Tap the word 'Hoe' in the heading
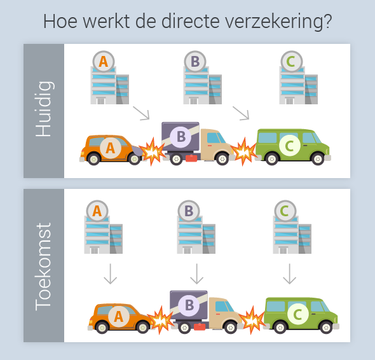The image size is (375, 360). (x=60, y=21)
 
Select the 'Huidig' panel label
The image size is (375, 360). (x=44, y=109)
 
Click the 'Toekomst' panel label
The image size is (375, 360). (x=43, y=267)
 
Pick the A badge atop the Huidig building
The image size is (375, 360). (x=104, y=62)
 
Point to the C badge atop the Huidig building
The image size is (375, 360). (x=291, y=62)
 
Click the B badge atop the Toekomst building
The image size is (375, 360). (x=189, y=211)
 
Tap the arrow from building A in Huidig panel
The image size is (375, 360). (x=141, y=113)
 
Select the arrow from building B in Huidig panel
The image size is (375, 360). (x=241, y=113)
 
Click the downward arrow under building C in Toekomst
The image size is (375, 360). (x=290, y=274)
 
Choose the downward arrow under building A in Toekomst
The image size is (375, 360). (x=110, y=274)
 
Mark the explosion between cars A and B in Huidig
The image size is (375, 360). (x=152, y=151)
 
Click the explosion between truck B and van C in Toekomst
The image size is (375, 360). (x=252, y=320)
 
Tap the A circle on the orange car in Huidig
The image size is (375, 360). (x=111, y=148)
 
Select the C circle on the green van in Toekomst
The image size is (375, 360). (x=298, y=314)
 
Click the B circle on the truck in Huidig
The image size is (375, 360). (x=181, y=137)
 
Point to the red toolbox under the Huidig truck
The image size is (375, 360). (x=191, y=158)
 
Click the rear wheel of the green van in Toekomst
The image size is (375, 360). (x=280, y=327)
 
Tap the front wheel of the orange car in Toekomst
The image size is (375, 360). (x=142, y=327)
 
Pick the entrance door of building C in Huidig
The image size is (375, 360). (x=289, y=100)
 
